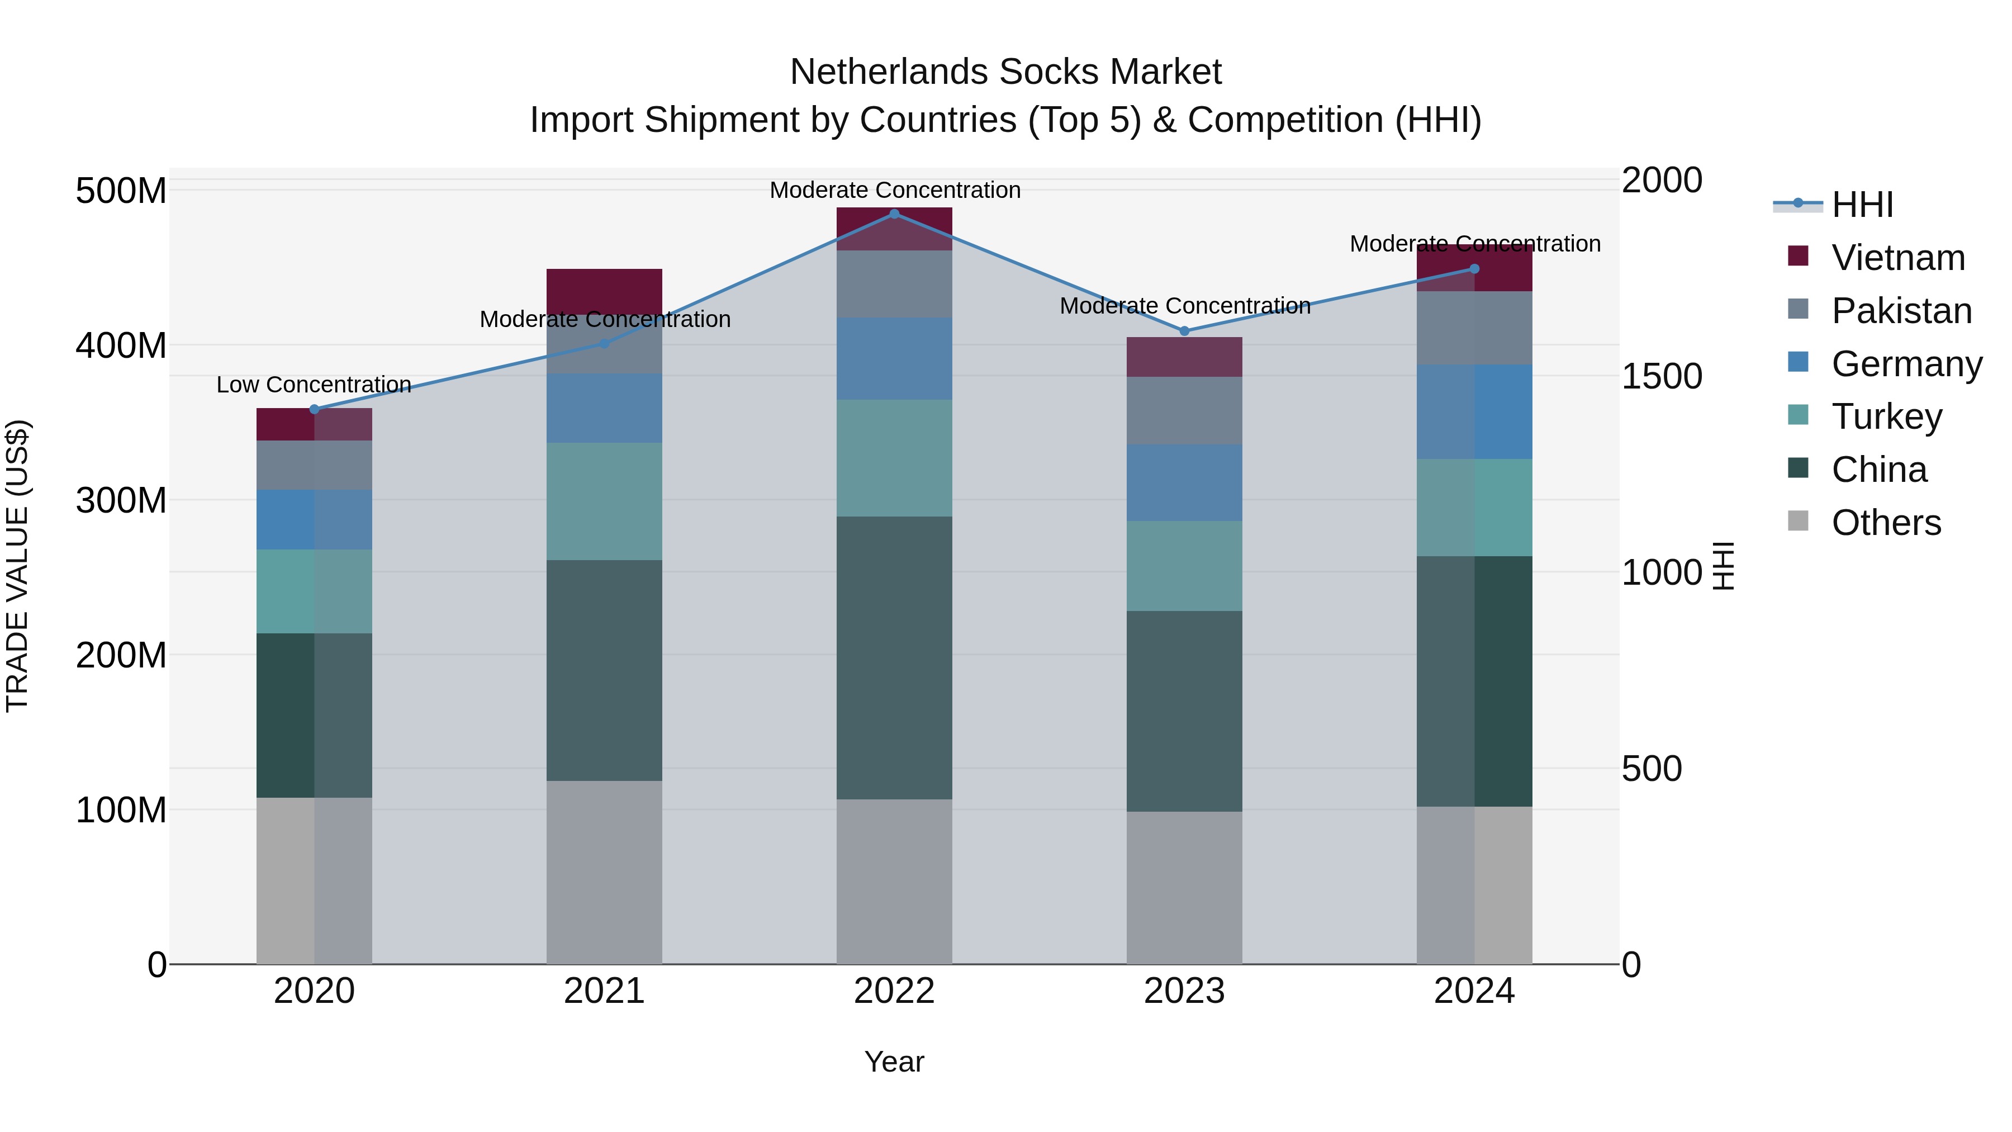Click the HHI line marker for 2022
(x=894, y=214)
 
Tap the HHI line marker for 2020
(x=315, y=409)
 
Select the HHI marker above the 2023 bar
(x=1184, y=331)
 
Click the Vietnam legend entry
(x=1897, y=258)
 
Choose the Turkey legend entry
(x=1886, y=416)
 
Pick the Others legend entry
(x=1886, y=523)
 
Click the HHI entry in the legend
(x=1862, y=205)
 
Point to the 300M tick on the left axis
(x=121, y=500)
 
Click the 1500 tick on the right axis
(x=1662, y=377)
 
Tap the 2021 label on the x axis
(x=604, y=991)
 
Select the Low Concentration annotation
(x=314, y=385)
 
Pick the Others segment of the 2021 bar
(x=604, y=872)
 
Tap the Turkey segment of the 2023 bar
(x=1184, y=566)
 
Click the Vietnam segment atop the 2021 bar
(x=604, y=291)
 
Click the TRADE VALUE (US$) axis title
(x=17, y=566)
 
